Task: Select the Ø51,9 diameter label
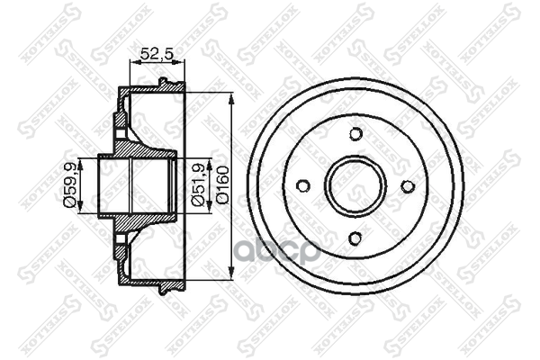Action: [x=198, y=186]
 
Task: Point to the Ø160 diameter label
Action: [x=222, y=186]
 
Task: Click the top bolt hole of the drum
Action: [x=355, y=135]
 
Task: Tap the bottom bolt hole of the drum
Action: [x=355, y=238]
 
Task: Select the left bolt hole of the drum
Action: [x=303, y=186]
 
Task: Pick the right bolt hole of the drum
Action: [x=407, y=186]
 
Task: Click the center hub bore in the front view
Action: [x=355, y=186]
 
